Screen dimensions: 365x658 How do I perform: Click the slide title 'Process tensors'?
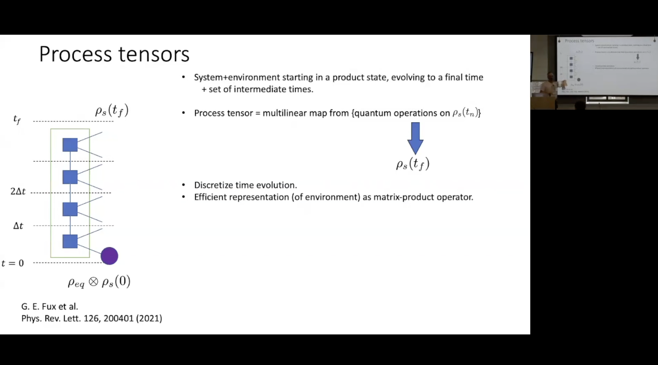[x=114, y=54]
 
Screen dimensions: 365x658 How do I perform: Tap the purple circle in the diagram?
[x=109, y=256]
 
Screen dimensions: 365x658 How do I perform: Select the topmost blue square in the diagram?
[x=70, y=145]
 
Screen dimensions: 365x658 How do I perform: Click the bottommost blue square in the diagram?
[x=70, y=241]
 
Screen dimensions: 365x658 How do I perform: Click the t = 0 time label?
[x=13, y=263]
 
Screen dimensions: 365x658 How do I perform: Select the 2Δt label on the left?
[x=18, y=191]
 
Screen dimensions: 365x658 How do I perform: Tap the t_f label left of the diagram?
[x=17, y=120]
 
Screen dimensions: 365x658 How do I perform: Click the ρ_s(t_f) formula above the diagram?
[x=111, y=110]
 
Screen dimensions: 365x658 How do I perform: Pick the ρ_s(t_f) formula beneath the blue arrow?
[x=413, y=164]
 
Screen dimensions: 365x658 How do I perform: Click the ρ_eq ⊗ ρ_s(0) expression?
[x=99, y=282]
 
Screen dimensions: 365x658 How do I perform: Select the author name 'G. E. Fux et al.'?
[x=49, y=306]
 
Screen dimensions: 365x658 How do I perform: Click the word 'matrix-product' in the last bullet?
[x=399, y=197]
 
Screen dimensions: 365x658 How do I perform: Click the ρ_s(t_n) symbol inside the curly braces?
[x=465, y=113]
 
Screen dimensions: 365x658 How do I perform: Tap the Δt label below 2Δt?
[x=18, y=226]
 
